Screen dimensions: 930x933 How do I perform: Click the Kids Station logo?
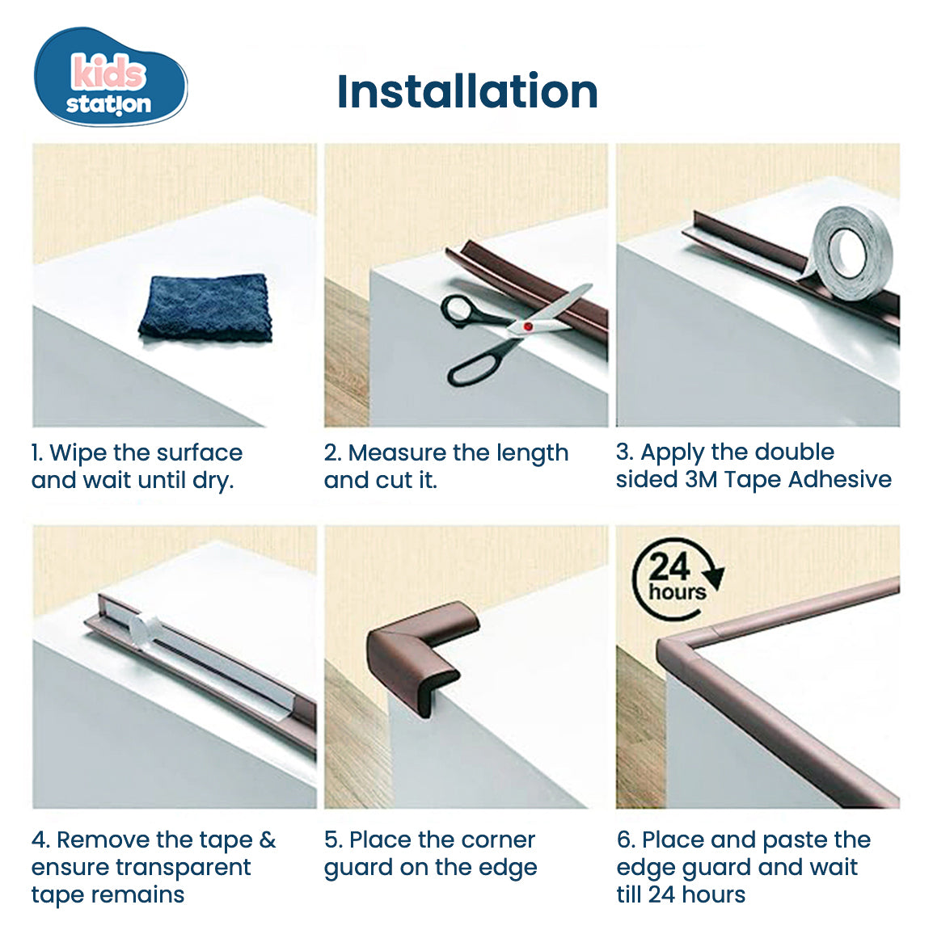[110, 79]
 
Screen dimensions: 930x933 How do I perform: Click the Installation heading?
[466, 91]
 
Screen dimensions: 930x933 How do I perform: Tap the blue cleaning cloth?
[205, 308]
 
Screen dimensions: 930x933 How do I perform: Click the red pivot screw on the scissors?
[527, 326]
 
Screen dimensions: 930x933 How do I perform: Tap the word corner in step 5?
[495, 840]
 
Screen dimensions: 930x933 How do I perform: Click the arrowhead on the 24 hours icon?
[714, 575]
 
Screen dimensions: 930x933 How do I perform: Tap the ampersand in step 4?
[267, 840]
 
